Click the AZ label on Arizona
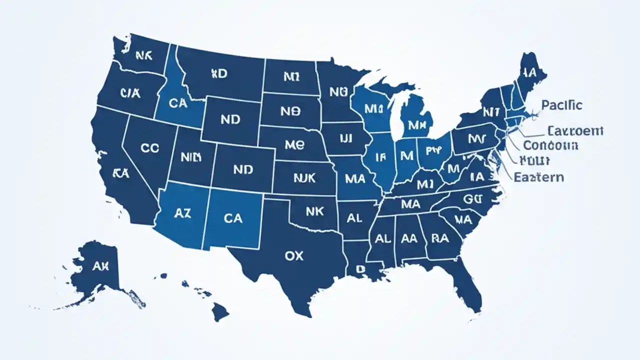click(x=182, y=213)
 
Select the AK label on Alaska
click(x=100, y=266)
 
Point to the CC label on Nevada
click(x=150, y=148)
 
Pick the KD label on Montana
click(x=218, y=74)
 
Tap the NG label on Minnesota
click(x=338, y=92)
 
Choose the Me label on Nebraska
click(x=294, y=145)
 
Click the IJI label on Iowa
click(x=346, y=137)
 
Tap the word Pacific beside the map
click(x=561, y=105)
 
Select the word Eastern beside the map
click(x=539, y=177)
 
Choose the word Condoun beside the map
click(x=550, y=145)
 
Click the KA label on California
click(x=121, y=173)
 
